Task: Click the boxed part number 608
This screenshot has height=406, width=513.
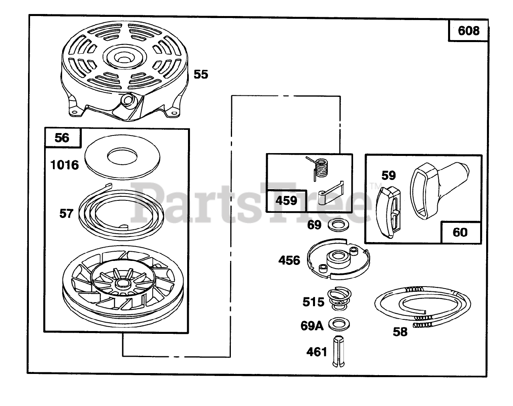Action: click(468, 30)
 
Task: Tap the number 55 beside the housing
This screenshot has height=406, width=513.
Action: click(201, 74)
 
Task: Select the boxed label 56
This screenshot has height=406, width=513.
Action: click(62, 138)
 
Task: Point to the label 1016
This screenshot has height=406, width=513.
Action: click(65, 164)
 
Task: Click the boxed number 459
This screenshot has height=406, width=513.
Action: click(286, 200)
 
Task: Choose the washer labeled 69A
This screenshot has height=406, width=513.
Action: click(337, 323)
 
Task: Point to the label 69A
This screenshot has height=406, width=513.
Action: click(312, 325)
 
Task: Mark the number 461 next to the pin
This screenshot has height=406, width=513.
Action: click(317, 352)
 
